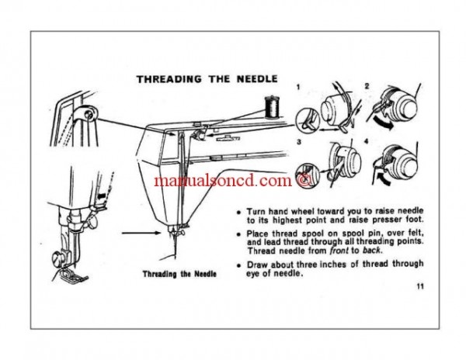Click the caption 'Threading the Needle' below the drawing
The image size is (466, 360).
(x=179, y=275)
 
